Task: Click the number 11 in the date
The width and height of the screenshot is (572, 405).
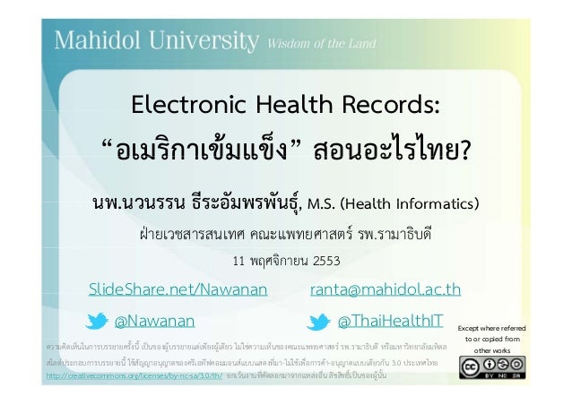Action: pos(239,262)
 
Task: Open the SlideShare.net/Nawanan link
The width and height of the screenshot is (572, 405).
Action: pos(178,289)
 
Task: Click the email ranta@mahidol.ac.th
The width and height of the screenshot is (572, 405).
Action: pos(385,289)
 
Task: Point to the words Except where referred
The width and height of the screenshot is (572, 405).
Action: pos(491,327)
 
